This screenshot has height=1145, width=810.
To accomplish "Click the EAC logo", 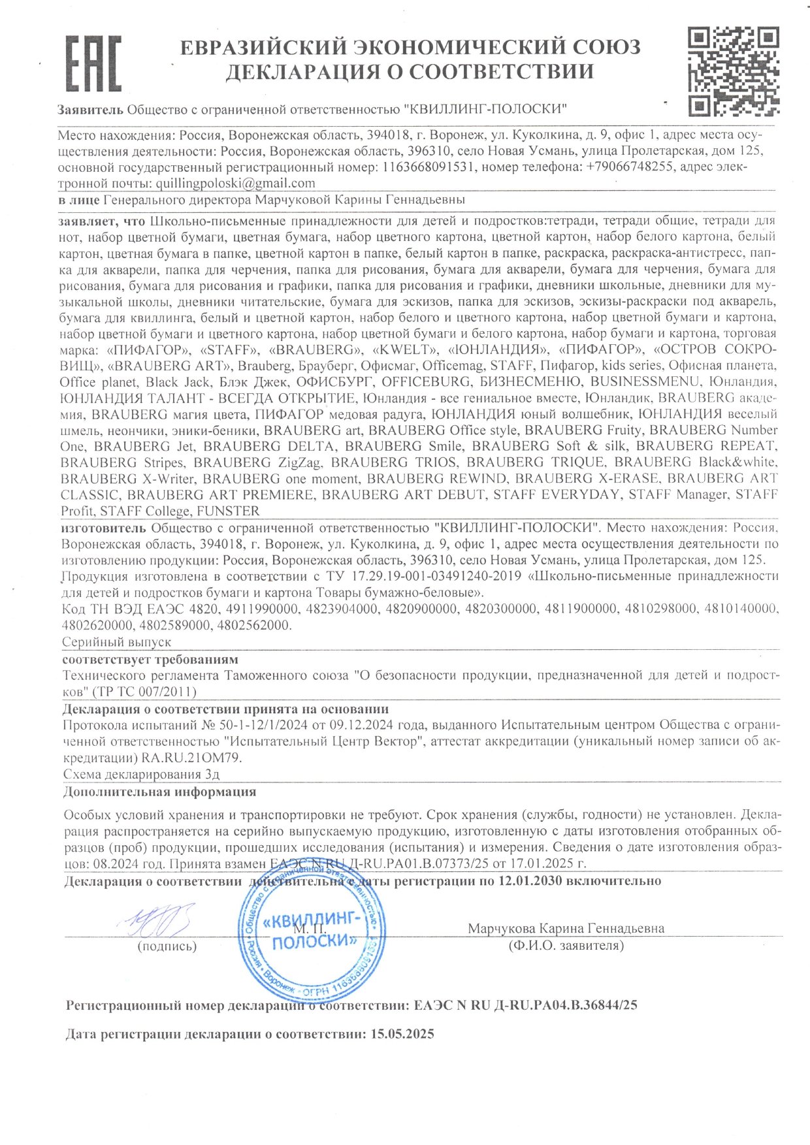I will click(93, 63).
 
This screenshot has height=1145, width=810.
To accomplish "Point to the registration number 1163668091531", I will click(429, 167).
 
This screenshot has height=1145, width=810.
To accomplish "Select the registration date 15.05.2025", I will click(402, 1034).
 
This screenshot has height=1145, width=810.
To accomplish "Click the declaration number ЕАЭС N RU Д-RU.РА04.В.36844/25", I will click(526, 1005).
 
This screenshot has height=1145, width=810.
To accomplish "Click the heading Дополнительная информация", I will click(159, 792).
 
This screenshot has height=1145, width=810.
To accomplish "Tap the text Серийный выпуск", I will click(117, 642).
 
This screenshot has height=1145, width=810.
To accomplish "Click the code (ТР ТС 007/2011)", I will click(144, 691).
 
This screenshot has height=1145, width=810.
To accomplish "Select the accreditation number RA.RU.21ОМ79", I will click(191, 758).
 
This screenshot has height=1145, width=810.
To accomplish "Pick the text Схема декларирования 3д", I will click(141, 775).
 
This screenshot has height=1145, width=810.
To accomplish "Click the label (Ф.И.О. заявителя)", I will click(566, 944).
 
